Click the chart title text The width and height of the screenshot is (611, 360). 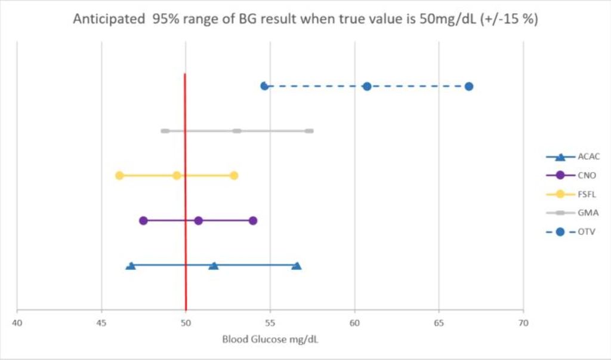point(305,19)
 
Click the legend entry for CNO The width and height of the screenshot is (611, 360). point(572,176)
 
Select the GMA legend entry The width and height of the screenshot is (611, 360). point(572,213)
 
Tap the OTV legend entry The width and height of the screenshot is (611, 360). point(572,232)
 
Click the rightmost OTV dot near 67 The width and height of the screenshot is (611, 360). point(469,87)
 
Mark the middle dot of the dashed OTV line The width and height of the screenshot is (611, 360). point(367,87)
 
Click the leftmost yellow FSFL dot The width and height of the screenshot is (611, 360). point(119,176)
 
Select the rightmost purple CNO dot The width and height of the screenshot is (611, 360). point(253,221)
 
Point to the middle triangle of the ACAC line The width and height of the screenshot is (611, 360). point(214,266)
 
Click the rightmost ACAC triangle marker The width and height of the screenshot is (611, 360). point(297,266)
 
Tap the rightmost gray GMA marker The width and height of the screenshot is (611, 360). point(308,131)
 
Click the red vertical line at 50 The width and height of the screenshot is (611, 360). point(186,197)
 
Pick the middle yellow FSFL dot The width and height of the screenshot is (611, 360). point(177,176)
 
